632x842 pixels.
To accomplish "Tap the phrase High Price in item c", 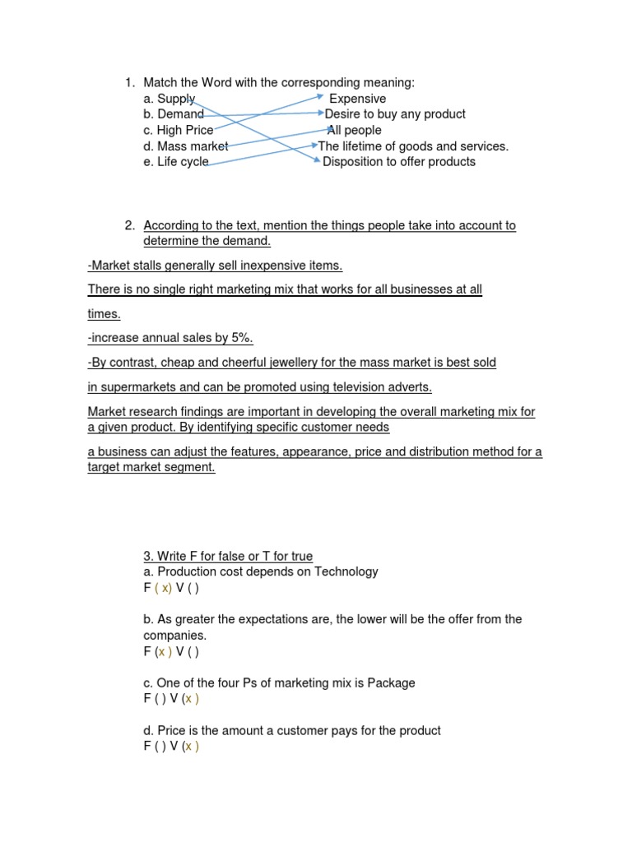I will tap(185, 130).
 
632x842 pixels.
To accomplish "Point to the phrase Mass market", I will tap(193, 146).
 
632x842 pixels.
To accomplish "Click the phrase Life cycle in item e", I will tap(183, 162).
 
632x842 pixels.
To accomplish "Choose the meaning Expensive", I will tap(357, 99).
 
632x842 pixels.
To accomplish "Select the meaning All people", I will tap(355, 130).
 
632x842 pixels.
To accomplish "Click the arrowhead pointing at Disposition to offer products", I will tap(318, 162).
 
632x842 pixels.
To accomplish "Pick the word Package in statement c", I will tap(391, 683).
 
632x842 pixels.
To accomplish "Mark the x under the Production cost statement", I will tap(165, 588).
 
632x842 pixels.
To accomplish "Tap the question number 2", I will tap(129, 225).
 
